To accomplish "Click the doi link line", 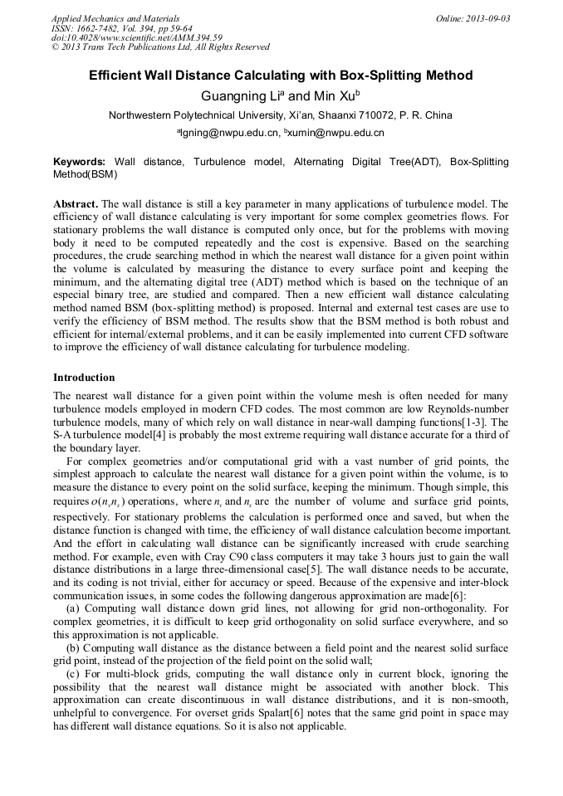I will pyautogui.click(x=136, y=37).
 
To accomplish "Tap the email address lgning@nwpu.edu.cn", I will pyautogui.click(x=228, y=133).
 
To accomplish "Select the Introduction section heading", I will pyautogui.click(x=84, y=378).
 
